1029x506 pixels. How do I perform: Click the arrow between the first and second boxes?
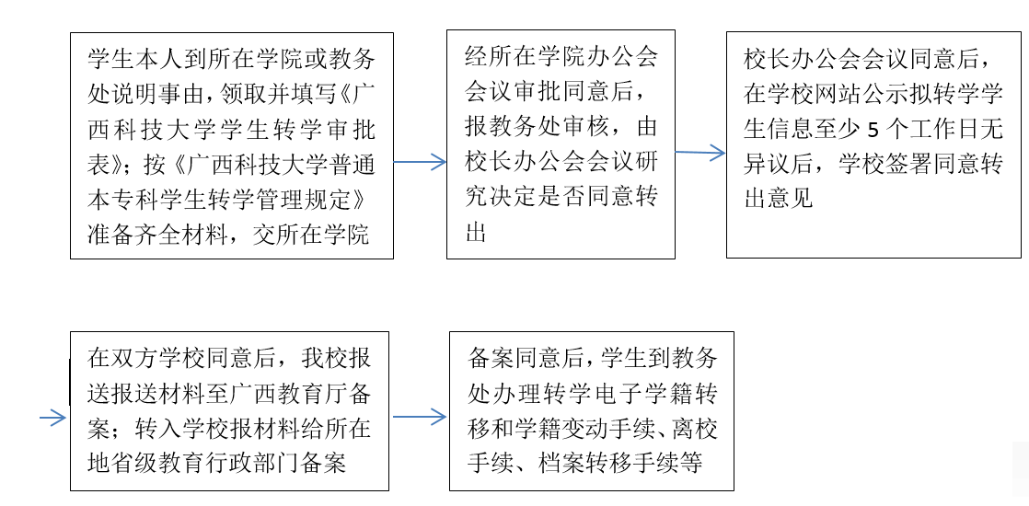(x=420, y=161)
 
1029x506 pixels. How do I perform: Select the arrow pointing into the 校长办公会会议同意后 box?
(x=700, y=153)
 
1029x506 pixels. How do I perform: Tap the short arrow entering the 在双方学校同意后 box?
(x=53, y=418)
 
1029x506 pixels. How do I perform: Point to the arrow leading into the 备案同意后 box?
(x=420, y=416)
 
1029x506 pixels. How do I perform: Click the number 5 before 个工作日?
(x=873, y=130)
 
